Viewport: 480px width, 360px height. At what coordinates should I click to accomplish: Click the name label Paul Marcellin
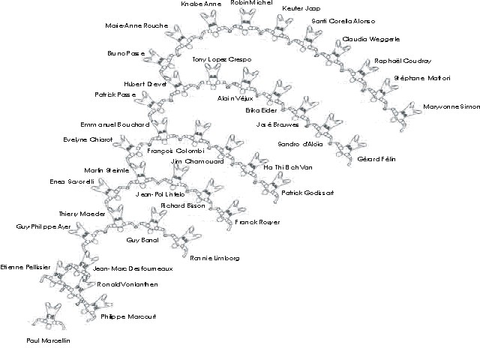(48, 340)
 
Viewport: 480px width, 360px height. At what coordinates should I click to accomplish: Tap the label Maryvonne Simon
(451, 107)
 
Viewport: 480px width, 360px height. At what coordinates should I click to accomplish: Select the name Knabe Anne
(202, 4)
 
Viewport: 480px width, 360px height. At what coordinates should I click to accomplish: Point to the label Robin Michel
(250, 3)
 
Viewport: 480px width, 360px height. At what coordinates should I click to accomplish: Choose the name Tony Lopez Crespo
(221, 58)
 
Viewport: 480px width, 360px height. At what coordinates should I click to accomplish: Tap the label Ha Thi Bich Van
(287, 167)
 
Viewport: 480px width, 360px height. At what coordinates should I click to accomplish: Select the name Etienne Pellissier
(26, 266)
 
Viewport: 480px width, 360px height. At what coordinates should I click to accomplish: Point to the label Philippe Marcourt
(128, 316)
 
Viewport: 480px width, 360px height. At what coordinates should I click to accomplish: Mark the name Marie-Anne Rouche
(136, 26)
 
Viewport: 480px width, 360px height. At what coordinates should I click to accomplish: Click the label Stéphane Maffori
(421, 78)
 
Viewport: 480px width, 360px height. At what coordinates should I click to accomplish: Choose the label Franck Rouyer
(257, 222)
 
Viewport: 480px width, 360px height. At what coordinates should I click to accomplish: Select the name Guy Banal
(143, 240)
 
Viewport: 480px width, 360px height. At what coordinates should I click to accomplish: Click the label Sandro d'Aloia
(299, 142)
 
